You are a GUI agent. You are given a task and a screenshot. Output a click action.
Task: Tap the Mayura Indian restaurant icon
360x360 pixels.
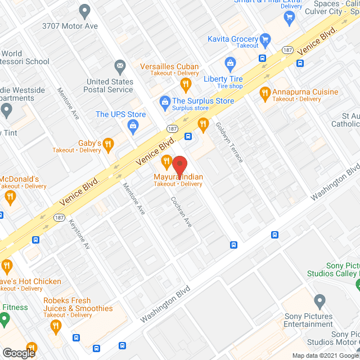point(166,163)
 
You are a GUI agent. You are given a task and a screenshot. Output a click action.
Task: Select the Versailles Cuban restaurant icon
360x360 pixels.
point(186,84)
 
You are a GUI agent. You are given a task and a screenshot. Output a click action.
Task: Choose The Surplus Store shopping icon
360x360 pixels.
point(164,102)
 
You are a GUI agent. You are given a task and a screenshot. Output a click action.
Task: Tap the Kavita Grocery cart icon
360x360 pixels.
point(265,39)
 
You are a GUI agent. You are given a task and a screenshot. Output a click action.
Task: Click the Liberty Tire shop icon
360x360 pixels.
point(229,63)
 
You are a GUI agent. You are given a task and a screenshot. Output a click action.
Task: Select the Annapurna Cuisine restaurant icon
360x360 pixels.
point(264,92)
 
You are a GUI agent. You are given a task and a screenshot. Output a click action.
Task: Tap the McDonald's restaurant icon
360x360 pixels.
point(10,196)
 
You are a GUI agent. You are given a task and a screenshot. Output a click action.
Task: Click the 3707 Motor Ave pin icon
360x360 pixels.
point(84,10)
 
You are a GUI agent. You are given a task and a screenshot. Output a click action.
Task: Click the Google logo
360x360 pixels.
point(18,353)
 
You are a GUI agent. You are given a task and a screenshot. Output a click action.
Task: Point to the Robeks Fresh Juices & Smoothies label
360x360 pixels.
point(78,308)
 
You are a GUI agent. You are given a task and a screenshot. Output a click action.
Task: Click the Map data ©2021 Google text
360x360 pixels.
point(325,355)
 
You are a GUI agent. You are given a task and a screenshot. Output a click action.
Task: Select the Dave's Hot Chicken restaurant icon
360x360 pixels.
point(7,265)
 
